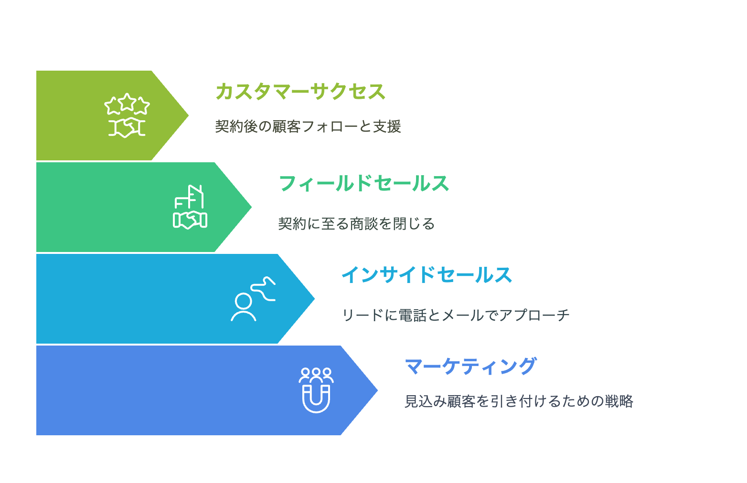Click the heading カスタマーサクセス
click(300, 92)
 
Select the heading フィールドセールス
click(363, 183)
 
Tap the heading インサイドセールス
click(427, 275)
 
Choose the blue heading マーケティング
click(470, 367)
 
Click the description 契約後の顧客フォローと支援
click(308, 126)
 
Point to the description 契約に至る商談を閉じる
click(356, 223)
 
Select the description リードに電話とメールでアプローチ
click(456, 315)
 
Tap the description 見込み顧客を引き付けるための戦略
click(519, 401)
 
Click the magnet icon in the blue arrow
click(316, 399)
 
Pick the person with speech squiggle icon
click(253, 299)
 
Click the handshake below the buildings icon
click(190, 220)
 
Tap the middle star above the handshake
click(127, 101)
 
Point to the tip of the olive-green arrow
click(187, 115)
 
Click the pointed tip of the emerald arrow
click(250, 207)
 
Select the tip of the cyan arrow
click(313, 299)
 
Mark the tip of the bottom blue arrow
click(376, 390)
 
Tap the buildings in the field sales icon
click(190, 197)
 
